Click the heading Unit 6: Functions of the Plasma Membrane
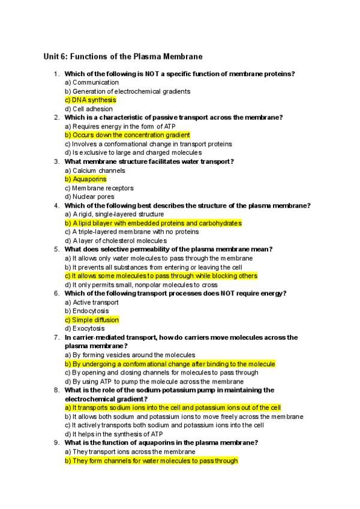[x=123, y=56]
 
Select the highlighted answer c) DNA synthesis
[x=90, y=100]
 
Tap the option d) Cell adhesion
[x=88, y=109]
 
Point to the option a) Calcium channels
[x=95, y=170]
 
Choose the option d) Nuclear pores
[x=89, y=197]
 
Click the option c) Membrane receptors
[x=99, y=188]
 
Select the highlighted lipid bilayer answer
[x=153, y=223]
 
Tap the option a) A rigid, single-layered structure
[x=114, y=214]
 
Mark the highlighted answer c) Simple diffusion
[x=92, y=320]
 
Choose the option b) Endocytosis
[x=87, y=311]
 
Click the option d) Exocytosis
[x=85, y=328]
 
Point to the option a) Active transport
[x=92, y=303]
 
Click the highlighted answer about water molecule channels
[x=151, y=460]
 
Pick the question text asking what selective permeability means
[x=169, y=249]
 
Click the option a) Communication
[x=92, y=82]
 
